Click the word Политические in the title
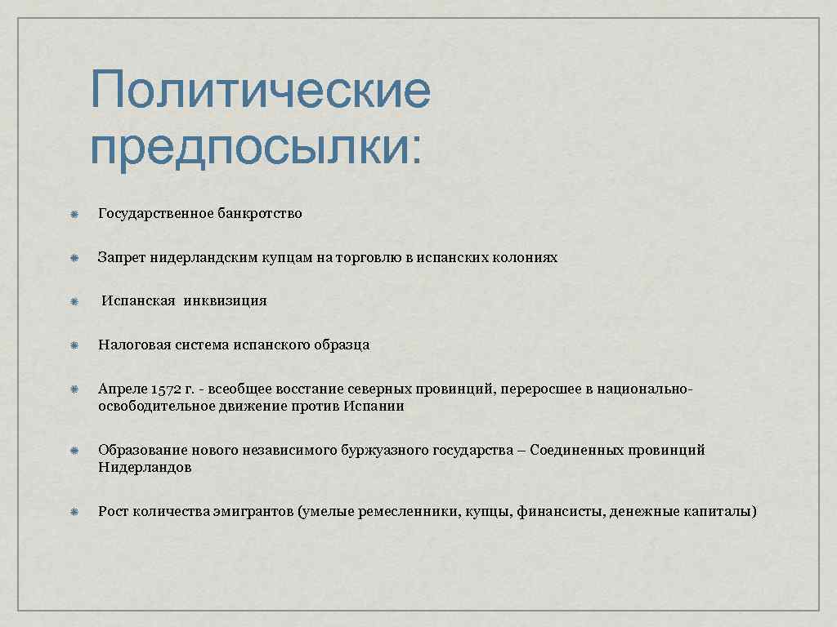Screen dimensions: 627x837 pos(260,91)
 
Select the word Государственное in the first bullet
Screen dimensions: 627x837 pos(155,214)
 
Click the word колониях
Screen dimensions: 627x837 pos(525,258)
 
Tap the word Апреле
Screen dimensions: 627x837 pos(122,389)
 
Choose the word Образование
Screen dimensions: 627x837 pos(141,451)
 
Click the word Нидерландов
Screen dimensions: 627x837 pos(145,469)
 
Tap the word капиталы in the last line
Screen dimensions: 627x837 pos(723,513)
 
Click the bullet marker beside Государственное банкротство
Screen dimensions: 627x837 pos(73,215)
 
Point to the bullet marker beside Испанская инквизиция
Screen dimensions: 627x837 pos(73,302)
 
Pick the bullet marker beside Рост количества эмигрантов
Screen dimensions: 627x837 pos(73,513)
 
